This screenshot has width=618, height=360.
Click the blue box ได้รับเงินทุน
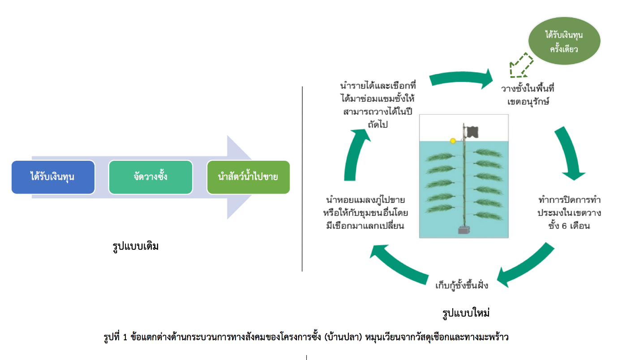coord(53,177)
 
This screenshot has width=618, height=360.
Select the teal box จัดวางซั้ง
coord(150,177)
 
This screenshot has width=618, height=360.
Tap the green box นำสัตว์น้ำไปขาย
coord(248,177)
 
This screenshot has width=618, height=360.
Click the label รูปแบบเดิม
coord(136,246)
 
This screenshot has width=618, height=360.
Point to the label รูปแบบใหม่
coord(465,313)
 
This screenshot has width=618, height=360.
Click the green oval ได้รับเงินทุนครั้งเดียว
coord(564,42)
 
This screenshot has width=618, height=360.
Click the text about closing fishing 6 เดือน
coord(569,212)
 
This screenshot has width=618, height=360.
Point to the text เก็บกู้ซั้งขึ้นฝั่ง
coord(461,285)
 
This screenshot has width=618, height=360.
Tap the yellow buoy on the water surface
coord(453,141)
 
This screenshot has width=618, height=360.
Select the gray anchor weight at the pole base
coord(464,231)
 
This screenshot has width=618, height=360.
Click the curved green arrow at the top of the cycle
coord(461,80)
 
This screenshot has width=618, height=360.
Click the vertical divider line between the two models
coord(302,179)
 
